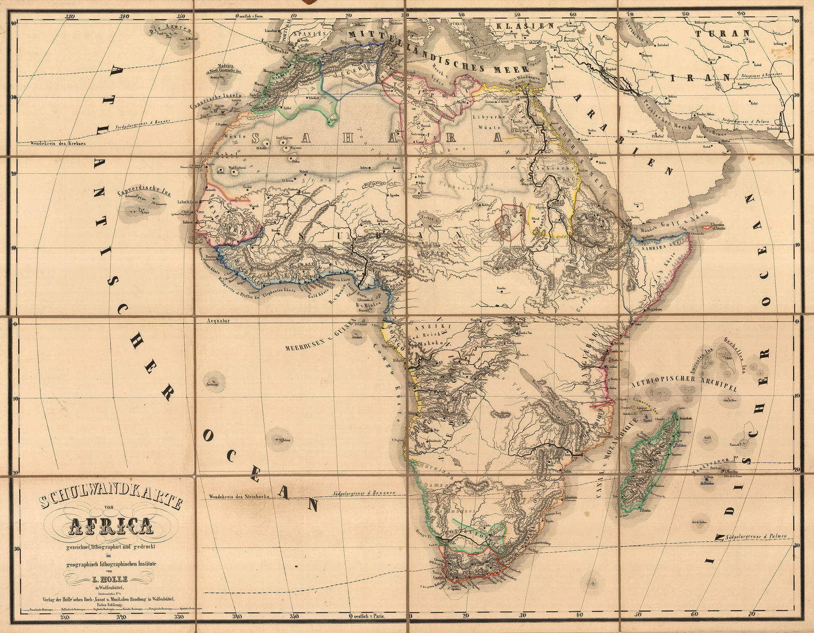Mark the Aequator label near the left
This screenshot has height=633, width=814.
[219, 321]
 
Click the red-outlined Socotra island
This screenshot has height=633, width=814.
[713, 227]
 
